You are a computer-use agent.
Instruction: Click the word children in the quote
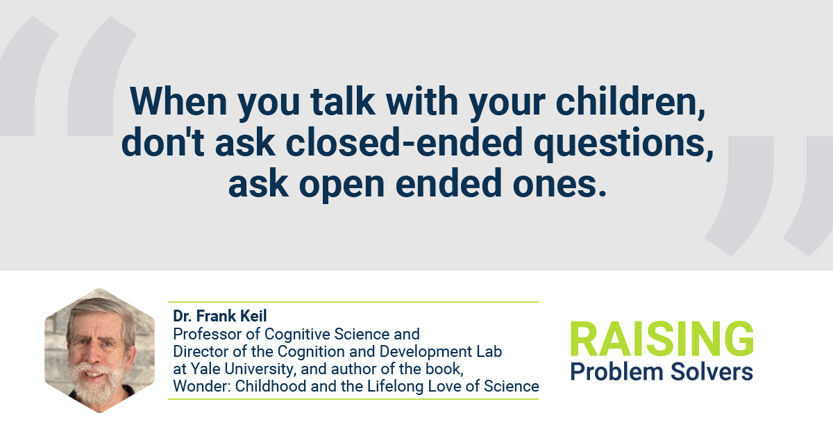pyautogui.click(x=630, y=101)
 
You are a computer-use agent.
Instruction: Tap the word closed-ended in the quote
pyautogui.click(x=404, y=142)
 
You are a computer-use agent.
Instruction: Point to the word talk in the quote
pyautogui.click(x=342, y=101)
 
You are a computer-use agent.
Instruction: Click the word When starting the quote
pyautogui.click(x=178, y=101)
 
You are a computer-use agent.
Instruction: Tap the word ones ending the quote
pyautogui.click(x=559, y=184)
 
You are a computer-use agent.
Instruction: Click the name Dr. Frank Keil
pyautogui.click(x=220, y=316)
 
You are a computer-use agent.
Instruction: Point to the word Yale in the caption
pyautogui.click(x=206, y=369)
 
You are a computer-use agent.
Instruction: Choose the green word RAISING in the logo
pyautogui.click(x=662, y=339)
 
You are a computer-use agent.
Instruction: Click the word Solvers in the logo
pyautogui.click(x=712, y=371)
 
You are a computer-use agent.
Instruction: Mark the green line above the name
pyautogui.click(x=353, y=302)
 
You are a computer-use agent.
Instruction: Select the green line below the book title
pyautogui.click(x=353, y=399)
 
